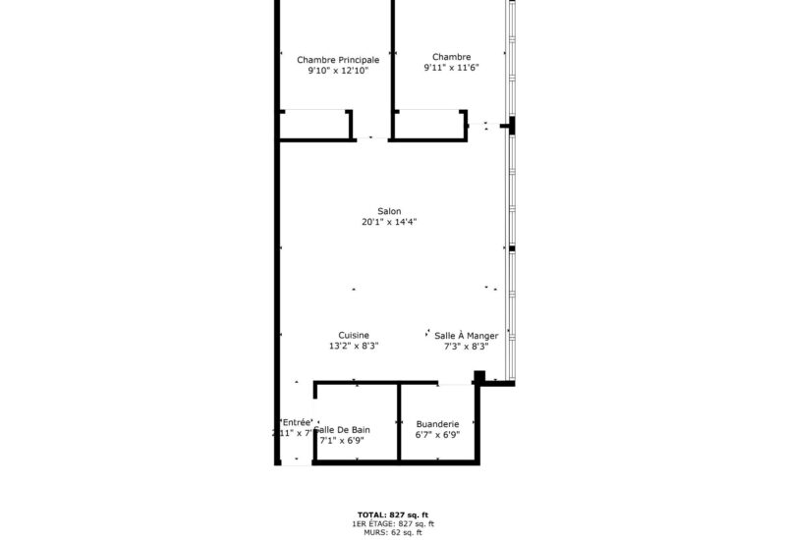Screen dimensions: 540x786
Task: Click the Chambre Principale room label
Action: click(x=338, y=60)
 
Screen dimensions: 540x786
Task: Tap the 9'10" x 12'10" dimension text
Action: click(x=338, y=72)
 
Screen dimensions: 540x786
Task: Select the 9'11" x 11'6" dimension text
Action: click(x=451, y=69)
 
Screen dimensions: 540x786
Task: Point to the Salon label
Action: click(x=389, y=211)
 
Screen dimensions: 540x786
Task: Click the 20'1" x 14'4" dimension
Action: click(x=389, y=223)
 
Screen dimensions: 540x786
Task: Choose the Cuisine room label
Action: click(x=354, y=335)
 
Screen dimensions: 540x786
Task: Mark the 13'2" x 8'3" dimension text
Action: click(x=354, y=347)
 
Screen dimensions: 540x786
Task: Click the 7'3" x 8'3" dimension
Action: click(x=467, y=347)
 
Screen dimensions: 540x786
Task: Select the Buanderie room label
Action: click(x=438, y=424)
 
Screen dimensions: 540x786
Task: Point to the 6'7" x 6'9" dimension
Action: click(x=438, y=436)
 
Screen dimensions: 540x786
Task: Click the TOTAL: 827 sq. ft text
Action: click(x=393, y=515)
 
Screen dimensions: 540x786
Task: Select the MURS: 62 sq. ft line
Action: click(x=393, y=532)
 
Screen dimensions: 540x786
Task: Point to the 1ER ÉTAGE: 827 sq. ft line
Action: click(x=393, y=524)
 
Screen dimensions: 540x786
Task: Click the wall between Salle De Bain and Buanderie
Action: click(x=399, y=422)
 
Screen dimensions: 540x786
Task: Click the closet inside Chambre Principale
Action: click(x=316, y=125)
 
